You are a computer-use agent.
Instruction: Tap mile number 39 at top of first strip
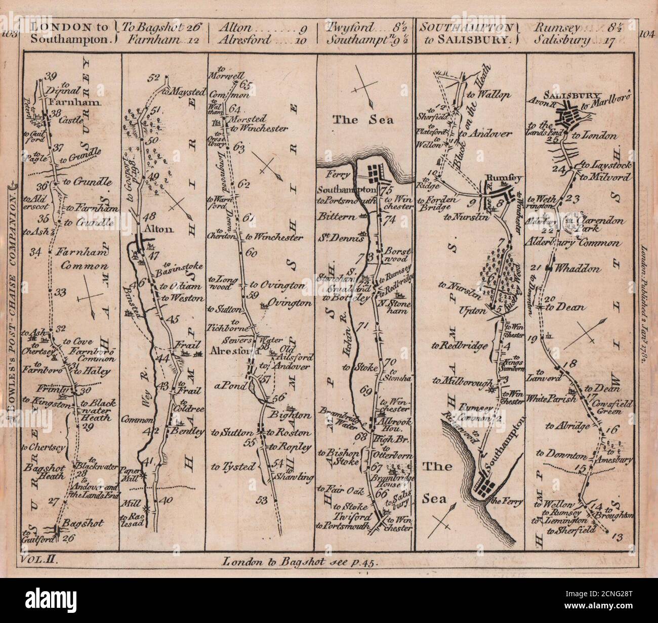pos(50,77)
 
